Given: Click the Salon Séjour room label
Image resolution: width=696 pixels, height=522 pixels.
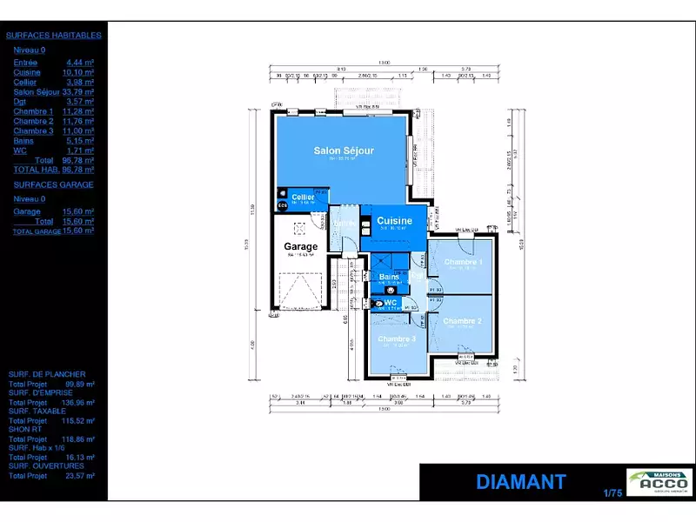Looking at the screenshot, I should [344, 151].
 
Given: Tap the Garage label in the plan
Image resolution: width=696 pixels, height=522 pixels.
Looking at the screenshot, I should [301, 246].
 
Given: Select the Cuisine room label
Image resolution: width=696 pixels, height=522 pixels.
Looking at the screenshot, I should [394, 221].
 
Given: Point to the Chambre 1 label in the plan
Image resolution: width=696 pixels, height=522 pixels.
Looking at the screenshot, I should [463, 262].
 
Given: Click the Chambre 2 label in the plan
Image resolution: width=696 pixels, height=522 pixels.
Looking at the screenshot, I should [462, 321].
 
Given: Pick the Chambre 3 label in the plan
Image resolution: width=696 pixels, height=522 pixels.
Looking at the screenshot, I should [396, 338].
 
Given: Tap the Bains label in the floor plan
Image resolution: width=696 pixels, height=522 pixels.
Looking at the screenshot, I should [389, 277].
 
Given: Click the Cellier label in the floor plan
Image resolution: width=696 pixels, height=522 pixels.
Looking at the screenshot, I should [303, 197].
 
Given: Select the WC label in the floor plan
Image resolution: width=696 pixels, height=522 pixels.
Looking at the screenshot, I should [391, 303].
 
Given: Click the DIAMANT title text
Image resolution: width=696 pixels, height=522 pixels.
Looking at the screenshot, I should [521, 482].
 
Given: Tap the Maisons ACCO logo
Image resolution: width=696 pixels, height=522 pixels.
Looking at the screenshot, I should [659, 482].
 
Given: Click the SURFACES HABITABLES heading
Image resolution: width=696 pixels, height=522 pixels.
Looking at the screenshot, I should [54, 36].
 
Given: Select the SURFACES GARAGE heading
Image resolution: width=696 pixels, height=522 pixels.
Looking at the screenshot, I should [54, 184].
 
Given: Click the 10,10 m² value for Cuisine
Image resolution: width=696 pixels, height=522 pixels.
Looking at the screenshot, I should [80, 72].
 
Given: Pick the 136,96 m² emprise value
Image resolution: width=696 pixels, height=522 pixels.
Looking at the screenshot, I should [79, 404].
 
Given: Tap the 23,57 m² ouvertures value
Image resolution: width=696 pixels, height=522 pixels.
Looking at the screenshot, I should [81, 476].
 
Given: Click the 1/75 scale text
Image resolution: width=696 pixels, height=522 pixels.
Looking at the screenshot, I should [613, 494].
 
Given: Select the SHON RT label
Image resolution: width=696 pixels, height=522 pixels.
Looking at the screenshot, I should [26, 430].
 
